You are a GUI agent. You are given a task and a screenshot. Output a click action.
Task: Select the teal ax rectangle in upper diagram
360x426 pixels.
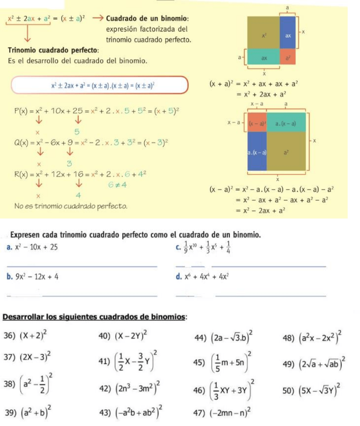pos(264,57)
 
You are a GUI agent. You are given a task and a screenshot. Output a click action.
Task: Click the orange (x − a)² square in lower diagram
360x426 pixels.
pos(257,122)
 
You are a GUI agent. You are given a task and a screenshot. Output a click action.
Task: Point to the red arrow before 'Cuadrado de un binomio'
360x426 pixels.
pos(99,18)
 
